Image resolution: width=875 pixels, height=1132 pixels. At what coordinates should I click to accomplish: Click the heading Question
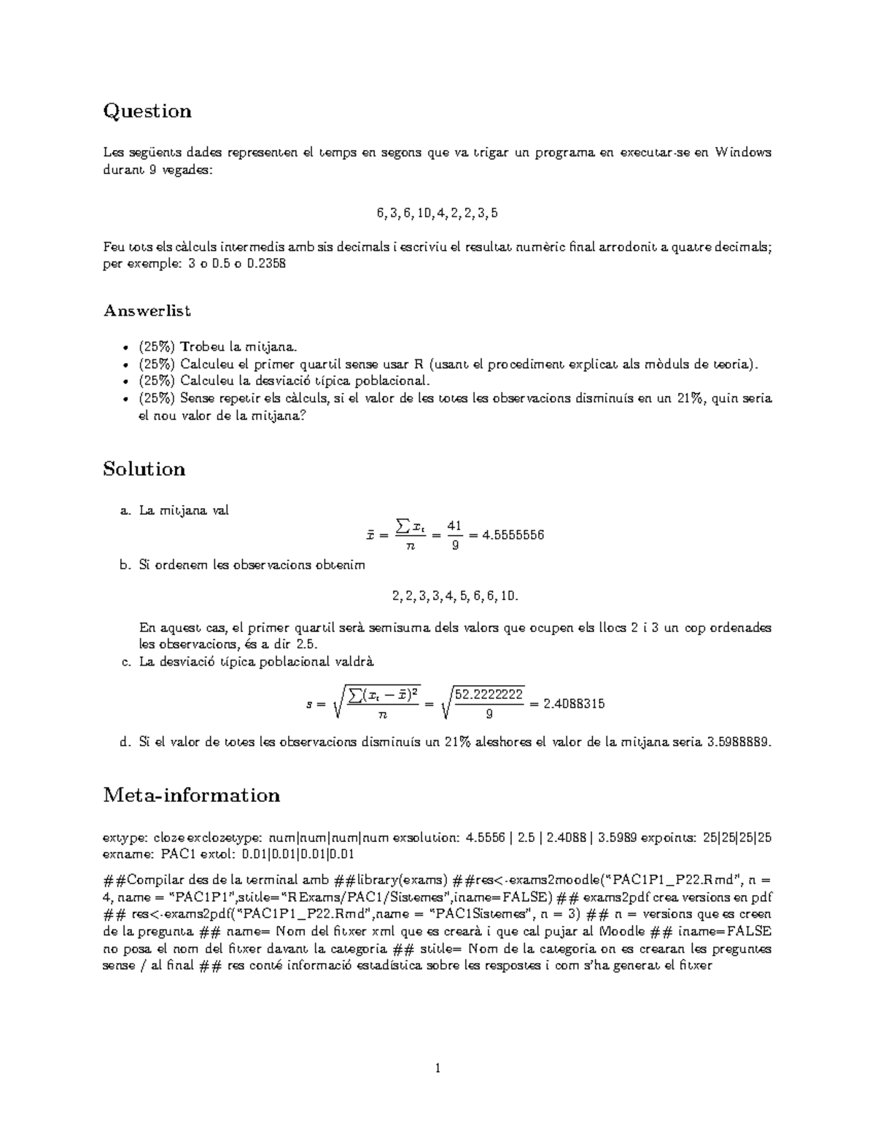(x=147, y=112)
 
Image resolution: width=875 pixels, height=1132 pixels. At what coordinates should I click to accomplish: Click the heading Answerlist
(x=147, y=311)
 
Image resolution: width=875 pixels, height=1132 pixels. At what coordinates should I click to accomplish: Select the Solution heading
(x=144, y=469)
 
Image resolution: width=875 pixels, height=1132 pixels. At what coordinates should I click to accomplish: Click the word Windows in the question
(x=743, y=152)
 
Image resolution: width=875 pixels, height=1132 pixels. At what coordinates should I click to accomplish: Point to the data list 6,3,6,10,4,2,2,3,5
(x=437, y=214)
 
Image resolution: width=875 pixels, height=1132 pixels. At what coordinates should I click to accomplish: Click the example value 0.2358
(x=267, y=263)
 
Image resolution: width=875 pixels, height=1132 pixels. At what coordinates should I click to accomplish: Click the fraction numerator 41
(x=455, y=526)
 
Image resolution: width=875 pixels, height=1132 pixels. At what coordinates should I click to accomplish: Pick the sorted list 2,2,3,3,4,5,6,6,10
(x=455, y=596)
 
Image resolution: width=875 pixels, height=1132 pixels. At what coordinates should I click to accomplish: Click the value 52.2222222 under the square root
(x=489, y=694)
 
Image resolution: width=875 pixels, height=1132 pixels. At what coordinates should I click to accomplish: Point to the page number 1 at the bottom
(x=437, y=1069)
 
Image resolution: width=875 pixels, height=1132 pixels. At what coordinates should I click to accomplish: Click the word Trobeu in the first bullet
(x=203, y=346)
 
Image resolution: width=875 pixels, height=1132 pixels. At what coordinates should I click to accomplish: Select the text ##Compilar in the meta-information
(x=139, y=879)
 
